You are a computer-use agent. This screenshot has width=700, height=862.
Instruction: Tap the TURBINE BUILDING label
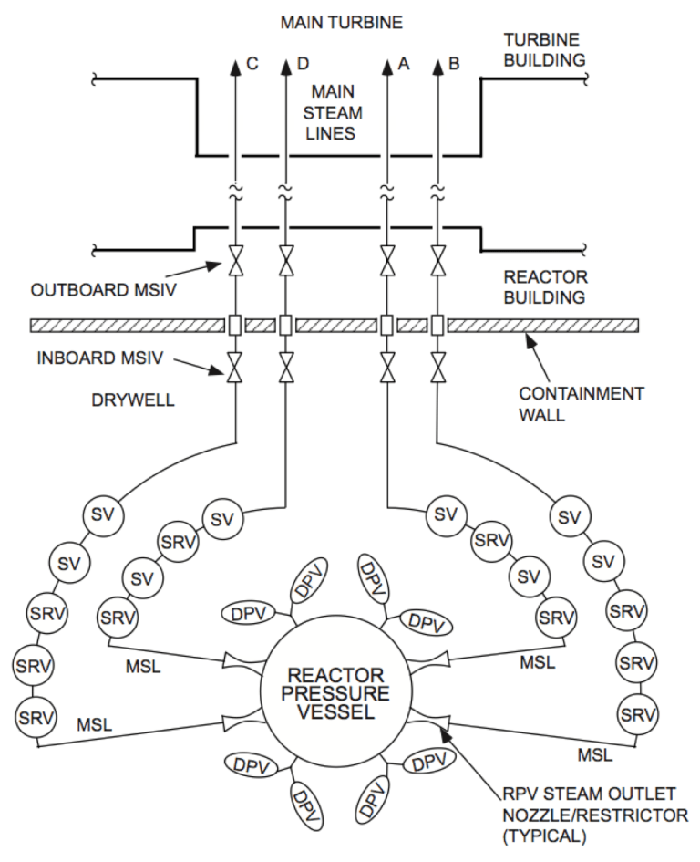tap(545, 50)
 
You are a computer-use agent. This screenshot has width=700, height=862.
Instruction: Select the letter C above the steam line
tap(252, 64)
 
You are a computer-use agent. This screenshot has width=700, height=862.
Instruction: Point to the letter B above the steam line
tap(455, 64)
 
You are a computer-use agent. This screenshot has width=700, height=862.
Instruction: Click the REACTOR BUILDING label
tap(545, 286)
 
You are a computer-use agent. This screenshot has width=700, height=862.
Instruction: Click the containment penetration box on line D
tap(286, 325)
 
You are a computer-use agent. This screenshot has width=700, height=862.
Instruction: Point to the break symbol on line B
tap(438, 192)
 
